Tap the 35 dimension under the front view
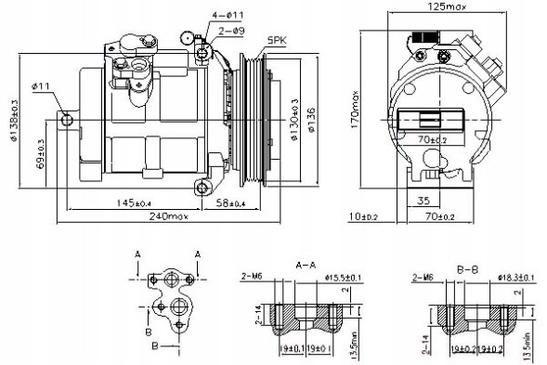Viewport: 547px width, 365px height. point(423,199)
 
